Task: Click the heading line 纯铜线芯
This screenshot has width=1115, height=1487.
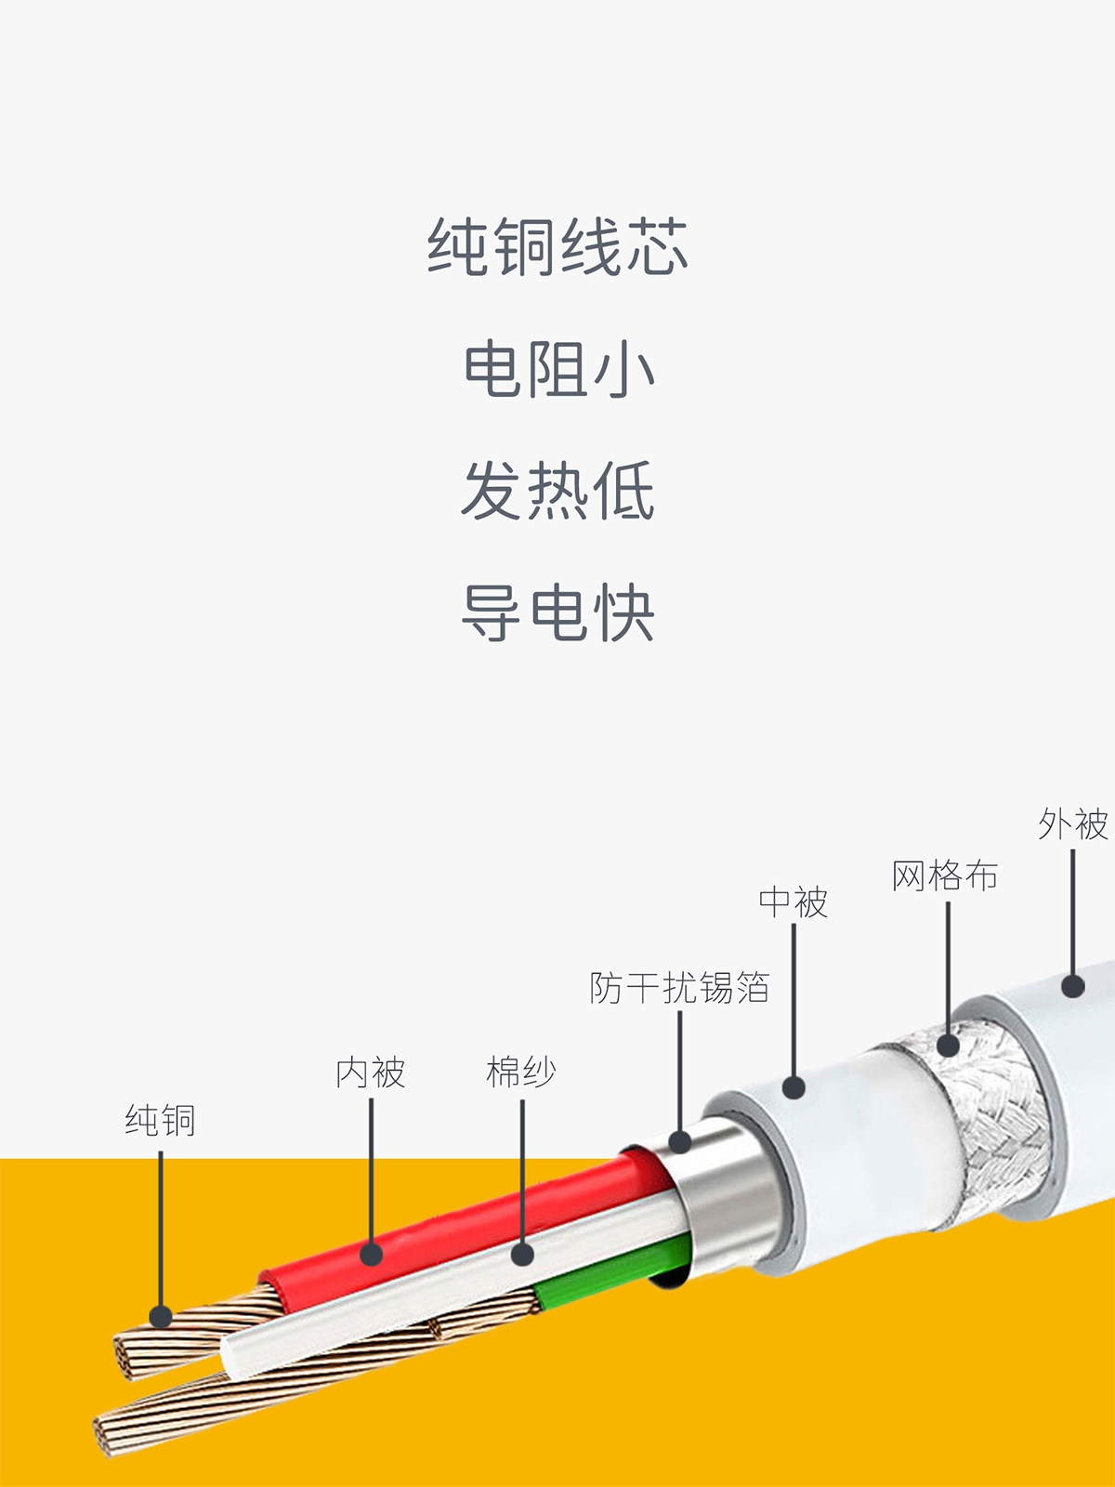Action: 557,247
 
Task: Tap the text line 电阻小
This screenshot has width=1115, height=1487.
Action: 557,369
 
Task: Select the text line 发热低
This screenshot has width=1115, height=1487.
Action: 557,491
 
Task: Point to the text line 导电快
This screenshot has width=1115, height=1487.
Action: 557,612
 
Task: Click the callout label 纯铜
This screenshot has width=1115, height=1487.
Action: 160,1120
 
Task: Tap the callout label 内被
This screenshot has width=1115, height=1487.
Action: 371,1072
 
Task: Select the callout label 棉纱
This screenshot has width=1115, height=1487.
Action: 521,1072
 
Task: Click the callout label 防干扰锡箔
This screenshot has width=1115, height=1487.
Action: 679,987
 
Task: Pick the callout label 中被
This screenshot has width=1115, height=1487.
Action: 793,901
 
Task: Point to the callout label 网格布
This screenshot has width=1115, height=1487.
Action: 945,875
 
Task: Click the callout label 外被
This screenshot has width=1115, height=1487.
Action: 1073,823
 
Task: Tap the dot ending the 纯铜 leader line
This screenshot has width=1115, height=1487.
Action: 161,1316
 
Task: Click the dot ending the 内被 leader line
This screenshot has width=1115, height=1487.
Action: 371,1255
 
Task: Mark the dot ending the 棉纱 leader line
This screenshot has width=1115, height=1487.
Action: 522,1255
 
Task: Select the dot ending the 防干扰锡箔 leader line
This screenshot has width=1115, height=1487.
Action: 680,1141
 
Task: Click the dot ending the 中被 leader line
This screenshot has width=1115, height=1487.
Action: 794,1087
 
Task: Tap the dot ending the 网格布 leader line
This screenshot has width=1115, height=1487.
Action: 948,1046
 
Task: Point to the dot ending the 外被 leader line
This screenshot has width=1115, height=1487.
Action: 1073,986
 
